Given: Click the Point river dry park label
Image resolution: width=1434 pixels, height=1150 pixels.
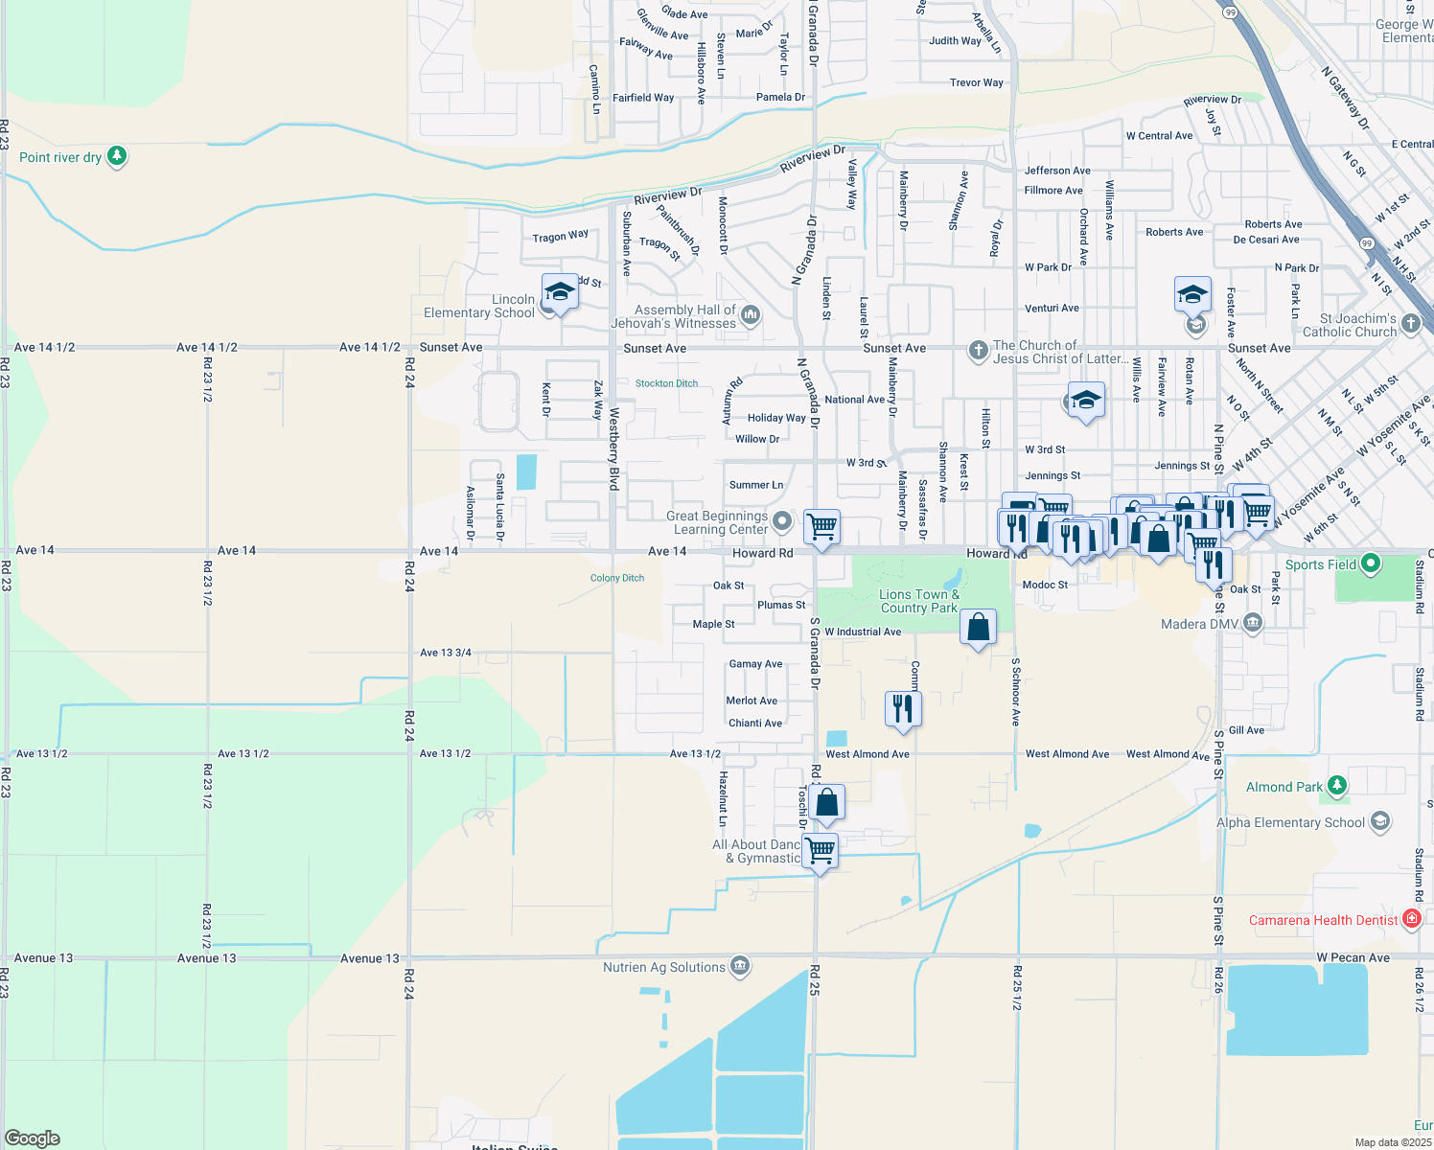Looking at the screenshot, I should point(60,157).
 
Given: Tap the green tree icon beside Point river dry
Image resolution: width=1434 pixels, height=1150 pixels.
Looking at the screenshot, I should point(117,155).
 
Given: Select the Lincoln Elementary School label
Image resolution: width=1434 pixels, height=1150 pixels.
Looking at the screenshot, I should point(479,307).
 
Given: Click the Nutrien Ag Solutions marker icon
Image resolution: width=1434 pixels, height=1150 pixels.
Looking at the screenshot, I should point(740,966).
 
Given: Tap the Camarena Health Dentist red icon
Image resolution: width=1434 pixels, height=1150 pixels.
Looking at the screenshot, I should point(1411,919).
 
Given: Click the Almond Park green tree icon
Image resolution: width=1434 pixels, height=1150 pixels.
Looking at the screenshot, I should point(1337,786).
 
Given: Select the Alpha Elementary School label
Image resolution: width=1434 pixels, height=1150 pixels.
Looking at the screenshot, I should point(1290,822).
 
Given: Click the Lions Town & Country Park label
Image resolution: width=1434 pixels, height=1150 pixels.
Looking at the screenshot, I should point(919,601).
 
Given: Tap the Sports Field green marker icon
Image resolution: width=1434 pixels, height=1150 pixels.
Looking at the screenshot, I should point(1371,563).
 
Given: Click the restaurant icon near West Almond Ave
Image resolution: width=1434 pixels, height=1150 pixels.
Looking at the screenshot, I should point(903,708).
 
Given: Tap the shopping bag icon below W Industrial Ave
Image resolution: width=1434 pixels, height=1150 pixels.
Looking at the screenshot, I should point(978,629).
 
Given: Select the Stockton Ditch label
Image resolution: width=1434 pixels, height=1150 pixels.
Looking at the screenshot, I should point(666,383).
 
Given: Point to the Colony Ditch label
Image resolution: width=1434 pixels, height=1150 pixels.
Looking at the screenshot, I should point(617,578).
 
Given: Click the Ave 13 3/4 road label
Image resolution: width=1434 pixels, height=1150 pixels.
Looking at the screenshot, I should point(446,653).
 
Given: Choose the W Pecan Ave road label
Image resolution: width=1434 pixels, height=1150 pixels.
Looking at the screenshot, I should point(1353,957).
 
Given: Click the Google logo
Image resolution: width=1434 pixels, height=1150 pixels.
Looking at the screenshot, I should point(33,1138).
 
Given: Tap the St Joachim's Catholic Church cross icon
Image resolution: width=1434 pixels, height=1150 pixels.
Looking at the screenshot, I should point(1410,323).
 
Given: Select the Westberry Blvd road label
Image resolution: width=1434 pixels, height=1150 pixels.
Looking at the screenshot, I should point(613,449).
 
